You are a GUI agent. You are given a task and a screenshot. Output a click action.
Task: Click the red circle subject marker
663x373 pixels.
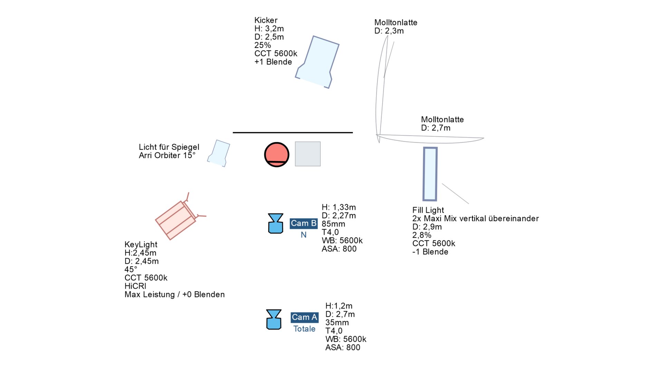pos(277,154)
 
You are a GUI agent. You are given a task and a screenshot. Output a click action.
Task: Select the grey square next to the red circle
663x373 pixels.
pos(308,154)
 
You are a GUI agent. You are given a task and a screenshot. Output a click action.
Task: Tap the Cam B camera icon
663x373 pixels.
pos(276,223)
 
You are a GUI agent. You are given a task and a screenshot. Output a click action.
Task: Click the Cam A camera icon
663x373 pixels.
pos(274,319)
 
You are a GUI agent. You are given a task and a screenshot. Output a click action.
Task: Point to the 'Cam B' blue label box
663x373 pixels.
pos(304,223)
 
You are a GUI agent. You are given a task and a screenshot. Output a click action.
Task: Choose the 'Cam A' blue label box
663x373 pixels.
pos(304,317)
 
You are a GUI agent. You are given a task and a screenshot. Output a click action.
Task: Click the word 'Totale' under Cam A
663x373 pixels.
pos(304,329)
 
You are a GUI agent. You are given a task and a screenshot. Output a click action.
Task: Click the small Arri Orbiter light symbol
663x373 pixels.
pos(219,153)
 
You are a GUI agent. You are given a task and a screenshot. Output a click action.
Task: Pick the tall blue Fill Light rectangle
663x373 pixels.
pos(430,174)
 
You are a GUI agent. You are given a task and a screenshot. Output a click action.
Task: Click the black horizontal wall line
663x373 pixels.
pos(292,132)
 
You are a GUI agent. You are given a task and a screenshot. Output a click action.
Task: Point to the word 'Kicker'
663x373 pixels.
pos(266,20)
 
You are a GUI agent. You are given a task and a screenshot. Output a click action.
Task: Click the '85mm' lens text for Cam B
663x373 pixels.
pos(333,224)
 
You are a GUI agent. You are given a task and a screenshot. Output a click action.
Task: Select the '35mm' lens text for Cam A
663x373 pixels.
pos(337,323)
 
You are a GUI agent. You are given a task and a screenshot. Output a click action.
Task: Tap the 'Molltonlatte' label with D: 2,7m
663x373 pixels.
pos(442,119)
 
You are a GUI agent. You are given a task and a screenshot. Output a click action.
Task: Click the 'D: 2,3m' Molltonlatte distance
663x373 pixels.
pos(389,31)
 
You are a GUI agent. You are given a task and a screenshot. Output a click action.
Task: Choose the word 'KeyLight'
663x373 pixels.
pos(141,245)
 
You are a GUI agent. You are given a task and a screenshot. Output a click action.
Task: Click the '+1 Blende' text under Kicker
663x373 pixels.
pos(273,62)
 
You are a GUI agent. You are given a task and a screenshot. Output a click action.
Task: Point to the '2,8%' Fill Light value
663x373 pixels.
pos(422,235)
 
